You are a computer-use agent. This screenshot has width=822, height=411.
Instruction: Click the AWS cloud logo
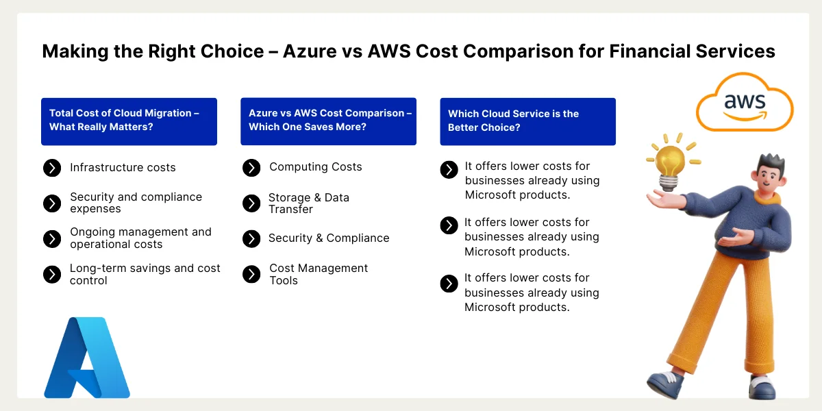coord(745,103)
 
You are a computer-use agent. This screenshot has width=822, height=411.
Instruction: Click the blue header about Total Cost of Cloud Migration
coord(129,121)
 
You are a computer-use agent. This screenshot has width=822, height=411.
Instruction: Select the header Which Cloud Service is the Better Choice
coord(527,121)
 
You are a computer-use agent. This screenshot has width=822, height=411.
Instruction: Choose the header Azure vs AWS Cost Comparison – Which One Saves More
coord(328,121)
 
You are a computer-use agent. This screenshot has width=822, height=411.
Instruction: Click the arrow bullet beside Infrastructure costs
coord(52,168)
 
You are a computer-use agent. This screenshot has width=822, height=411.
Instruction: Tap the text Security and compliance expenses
coord(136,203)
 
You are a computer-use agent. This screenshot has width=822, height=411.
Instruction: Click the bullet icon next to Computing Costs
coord(251,168)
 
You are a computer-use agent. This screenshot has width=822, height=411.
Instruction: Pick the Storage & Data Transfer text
coord(308,203)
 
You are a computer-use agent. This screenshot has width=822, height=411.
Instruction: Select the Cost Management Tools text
coord(319,274)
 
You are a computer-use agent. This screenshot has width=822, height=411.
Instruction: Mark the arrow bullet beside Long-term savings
coord(52,275)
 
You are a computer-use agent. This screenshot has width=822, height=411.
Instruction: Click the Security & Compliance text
coord(329,238)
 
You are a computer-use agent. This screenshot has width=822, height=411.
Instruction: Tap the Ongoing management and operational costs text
coord(140,238)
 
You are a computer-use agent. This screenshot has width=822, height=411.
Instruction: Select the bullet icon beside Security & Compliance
coord(251,238)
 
